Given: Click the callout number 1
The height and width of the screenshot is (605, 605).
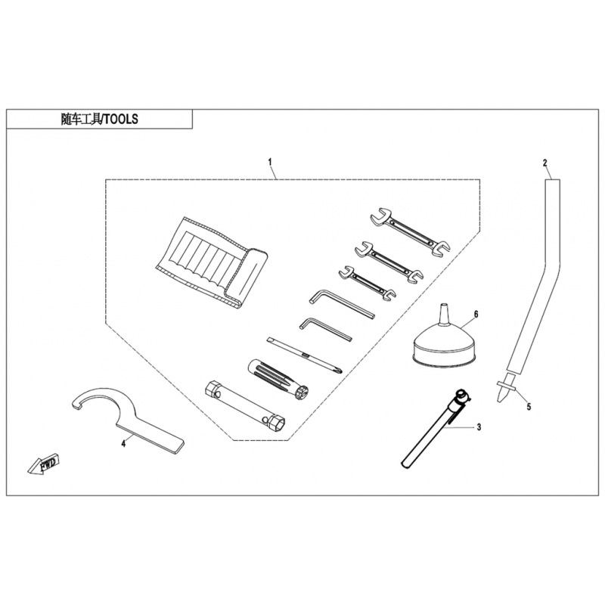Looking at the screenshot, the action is pos(270,162).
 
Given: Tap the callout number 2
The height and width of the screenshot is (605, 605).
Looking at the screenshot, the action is pos(544,163).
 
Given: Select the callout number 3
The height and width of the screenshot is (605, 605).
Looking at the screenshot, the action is pos(479,427).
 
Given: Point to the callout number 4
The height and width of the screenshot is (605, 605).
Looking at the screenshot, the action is pos(123,444).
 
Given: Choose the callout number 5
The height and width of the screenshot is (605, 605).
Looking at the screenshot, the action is pos(529,407).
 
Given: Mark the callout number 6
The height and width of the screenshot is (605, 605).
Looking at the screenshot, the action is pos(476,315).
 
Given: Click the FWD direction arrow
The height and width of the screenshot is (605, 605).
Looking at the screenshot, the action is pos(44,464).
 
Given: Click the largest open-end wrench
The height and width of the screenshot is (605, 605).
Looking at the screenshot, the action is pos(410,231).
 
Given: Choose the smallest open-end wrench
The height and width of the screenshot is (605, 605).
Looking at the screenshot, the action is pos(367,284).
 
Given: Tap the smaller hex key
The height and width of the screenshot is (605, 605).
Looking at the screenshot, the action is pos(325,328).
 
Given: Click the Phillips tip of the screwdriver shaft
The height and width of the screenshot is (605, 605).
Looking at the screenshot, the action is pos(338,371).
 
